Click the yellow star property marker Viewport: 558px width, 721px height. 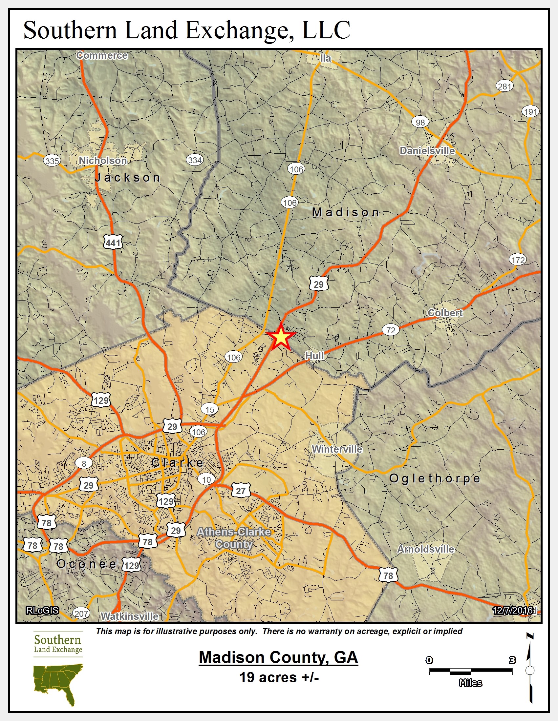(281, 337)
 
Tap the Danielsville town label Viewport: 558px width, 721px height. (427, 151)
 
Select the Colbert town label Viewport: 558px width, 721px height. (445, 313)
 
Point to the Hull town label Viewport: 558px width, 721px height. (314, 356)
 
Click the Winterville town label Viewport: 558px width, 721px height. (337, 449)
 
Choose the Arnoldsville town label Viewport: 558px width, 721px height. (425, 549)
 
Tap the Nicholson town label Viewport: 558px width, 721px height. (102, 161)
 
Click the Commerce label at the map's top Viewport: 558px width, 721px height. (102, 55)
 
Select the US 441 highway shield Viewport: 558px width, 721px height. (113, 243)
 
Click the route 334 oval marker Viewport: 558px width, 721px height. (195, 160)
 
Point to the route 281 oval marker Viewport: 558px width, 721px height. (504, 87)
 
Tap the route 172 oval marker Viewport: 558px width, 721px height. (518, 260)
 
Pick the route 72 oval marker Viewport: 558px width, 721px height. (391, 330)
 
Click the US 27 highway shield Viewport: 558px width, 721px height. (241, 491)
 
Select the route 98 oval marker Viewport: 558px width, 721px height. (420, 122)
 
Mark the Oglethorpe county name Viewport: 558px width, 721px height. (434, 478)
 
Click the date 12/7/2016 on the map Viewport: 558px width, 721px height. (512, 611)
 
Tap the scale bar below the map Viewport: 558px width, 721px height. (470, 671)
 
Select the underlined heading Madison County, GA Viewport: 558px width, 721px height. (278, 657)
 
